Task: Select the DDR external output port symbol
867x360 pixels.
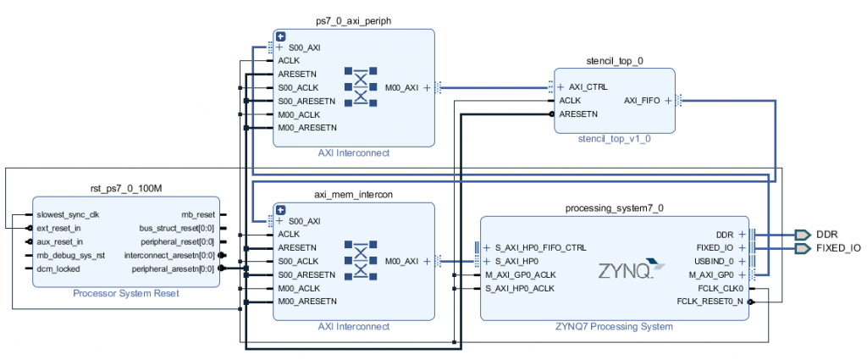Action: click(x=802, y=234)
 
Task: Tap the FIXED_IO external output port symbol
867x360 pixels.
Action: click(x=802, y=248)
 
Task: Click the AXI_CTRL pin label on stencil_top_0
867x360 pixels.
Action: click(x=588, y=87)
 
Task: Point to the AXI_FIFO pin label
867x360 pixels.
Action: click(x=643, y=100)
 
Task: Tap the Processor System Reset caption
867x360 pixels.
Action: click(x=125, y=294)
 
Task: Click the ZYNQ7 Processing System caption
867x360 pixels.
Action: click(x=614, y=326)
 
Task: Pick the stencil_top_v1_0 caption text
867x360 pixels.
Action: click(x=614, y=139)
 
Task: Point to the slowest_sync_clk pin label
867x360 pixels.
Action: click(x=73, y=214)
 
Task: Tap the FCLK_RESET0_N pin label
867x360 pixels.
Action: click(x=710, y=301)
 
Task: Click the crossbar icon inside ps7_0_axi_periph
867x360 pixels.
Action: click(x=362, y=87)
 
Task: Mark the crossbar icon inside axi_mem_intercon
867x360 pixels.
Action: click(x=362, y=261)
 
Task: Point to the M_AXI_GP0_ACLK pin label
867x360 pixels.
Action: click(x=522, y=275)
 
